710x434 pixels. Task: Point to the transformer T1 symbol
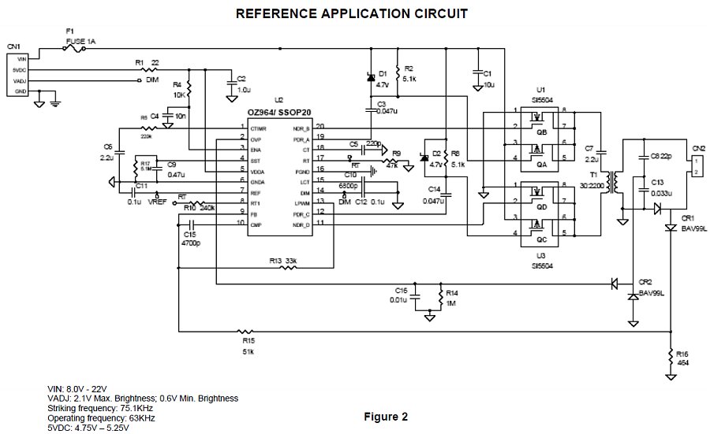pos(611,179)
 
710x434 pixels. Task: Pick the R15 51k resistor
pos(247,332)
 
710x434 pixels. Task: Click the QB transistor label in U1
pos(541,132)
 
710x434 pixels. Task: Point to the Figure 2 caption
pos(386,415)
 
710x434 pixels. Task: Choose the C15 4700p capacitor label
pos(190,238)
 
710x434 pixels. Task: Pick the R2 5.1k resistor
pos(398,72)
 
